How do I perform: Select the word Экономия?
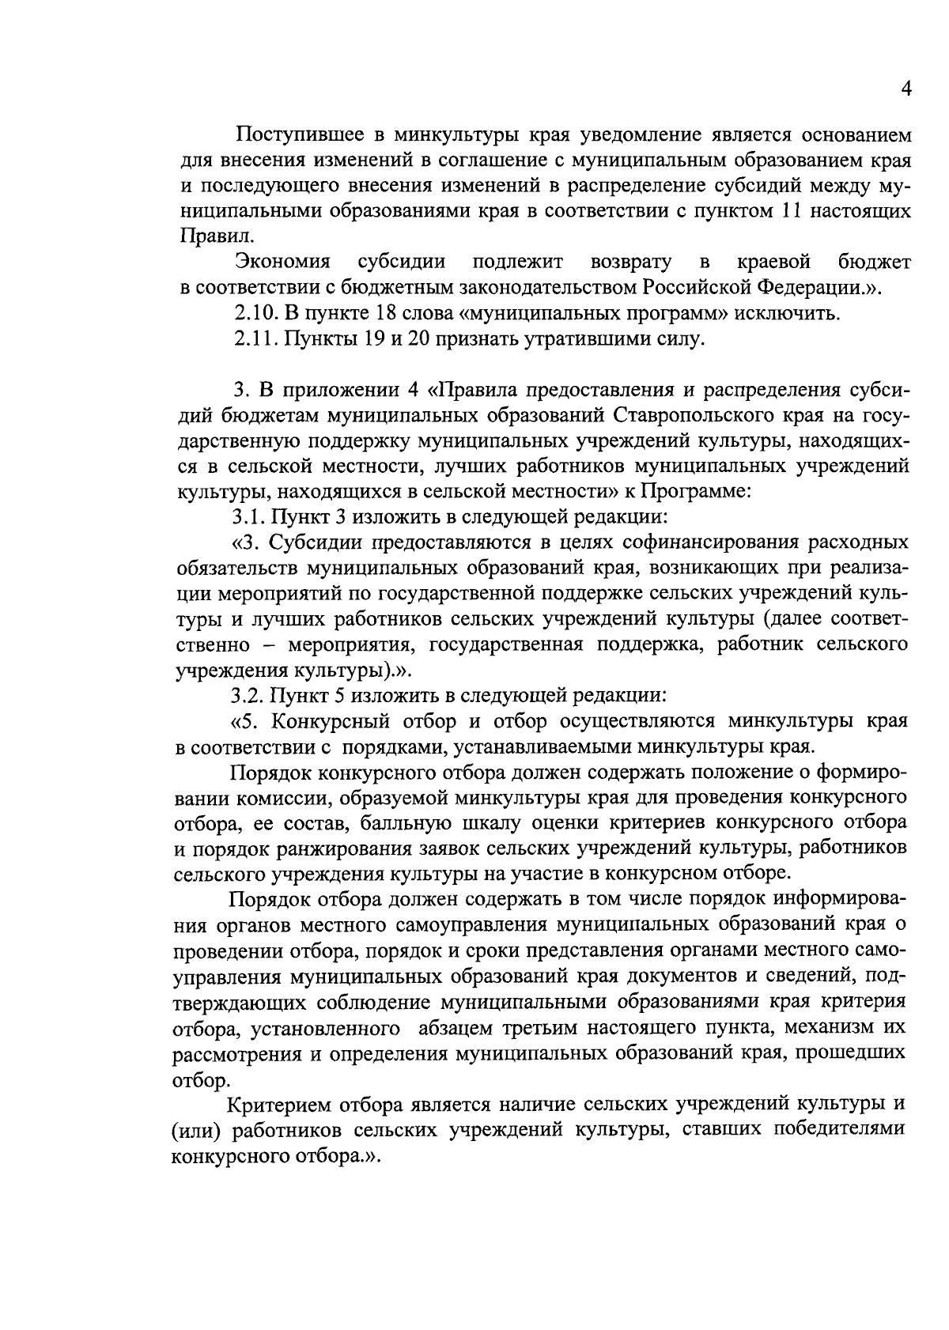tap(282, 261)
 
